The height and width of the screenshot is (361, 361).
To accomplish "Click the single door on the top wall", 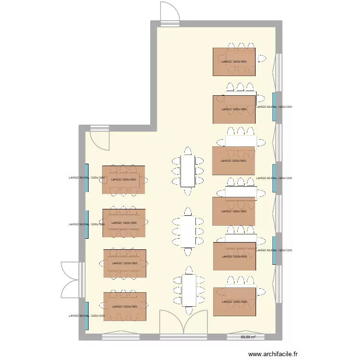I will click(170, 13).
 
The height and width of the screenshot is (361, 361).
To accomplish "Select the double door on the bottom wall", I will click(183, 322).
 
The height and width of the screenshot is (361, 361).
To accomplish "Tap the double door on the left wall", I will click(72, 280).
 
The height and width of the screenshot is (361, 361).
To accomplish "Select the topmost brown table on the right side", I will click(234, 62).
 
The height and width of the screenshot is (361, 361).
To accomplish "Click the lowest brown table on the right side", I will click(234, 301).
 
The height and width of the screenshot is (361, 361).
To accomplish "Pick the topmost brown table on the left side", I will click(124, 180).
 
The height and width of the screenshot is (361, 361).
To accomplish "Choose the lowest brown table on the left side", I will click(124, 306).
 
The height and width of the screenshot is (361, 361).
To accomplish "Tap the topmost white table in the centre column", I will click(188, 171).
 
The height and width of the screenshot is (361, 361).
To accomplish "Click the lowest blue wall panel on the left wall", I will click(87, 316).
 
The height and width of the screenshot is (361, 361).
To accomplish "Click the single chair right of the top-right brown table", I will click(262, 58).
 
